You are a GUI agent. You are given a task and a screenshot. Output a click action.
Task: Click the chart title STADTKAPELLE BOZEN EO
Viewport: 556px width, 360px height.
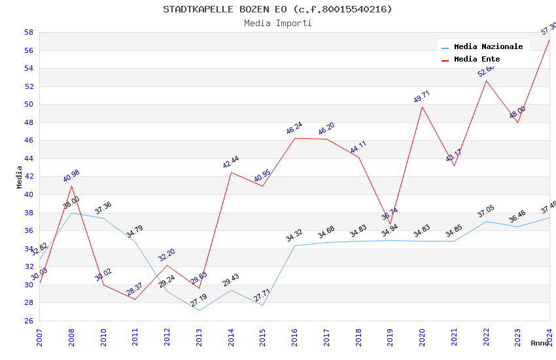click(x=277, y=9)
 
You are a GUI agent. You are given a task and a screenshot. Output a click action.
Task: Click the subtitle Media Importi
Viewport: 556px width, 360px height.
click(x=277, y=23)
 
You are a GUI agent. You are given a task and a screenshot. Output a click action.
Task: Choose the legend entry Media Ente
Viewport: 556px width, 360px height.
click(x=477, y=59)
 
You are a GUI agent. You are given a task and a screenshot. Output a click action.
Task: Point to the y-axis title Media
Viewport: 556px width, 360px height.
click(x=20, y=177)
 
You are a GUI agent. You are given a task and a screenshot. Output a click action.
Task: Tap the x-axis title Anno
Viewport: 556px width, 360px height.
click(x=540, y=343)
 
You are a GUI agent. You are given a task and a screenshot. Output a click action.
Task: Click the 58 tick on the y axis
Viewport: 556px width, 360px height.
click(x=29, y=32)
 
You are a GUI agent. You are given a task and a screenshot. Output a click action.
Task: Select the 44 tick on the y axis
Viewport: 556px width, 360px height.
click(x=29, y=158)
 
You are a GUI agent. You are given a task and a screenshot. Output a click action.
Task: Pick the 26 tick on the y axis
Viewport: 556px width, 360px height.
click(x=29, y=321)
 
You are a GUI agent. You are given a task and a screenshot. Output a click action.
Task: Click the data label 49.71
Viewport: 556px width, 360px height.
click(x=422, y=98)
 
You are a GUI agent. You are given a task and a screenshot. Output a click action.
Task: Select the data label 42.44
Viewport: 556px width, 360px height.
click(x=230, y=162)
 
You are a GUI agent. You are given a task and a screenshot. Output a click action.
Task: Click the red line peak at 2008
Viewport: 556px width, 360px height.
click(x=71, y=186)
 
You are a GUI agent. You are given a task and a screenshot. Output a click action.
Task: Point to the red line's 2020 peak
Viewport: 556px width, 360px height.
click(x=422, y=107)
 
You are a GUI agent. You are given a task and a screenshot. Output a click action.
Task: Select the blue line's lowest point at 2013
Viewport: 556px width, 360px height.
click(x=199, y=310)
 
